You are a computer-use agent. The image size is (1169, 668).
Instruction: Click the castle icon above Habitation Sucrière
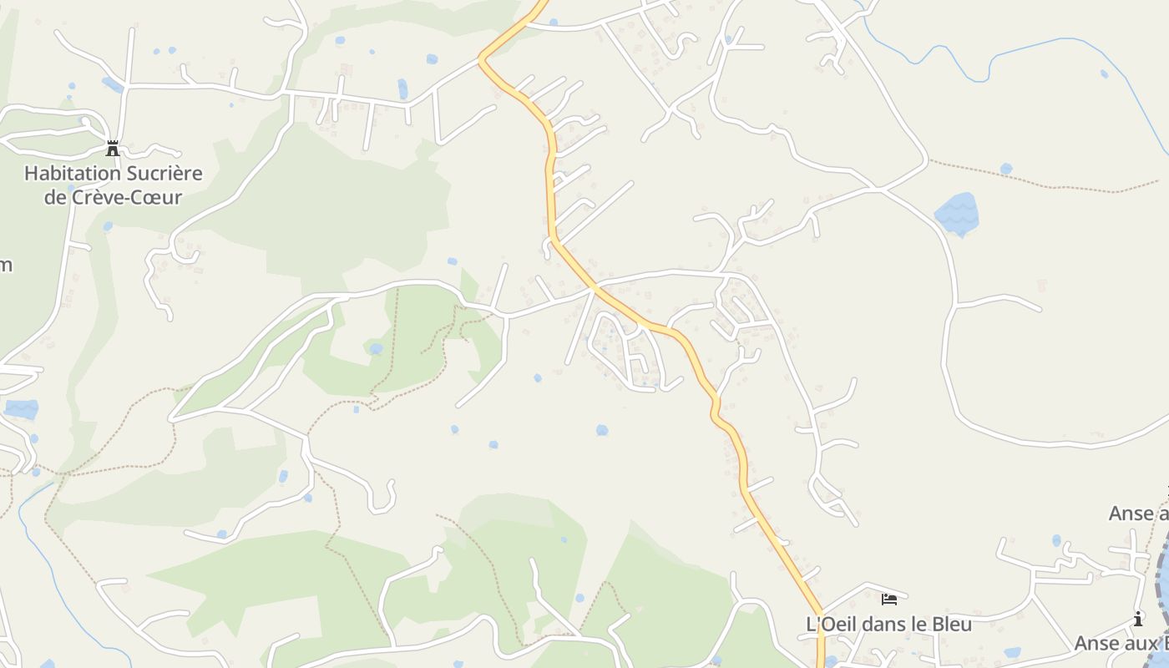(x=113, y=149)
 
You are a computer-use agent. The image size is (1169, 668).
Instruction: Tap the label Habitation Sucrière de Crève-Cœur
(x=113, y=185)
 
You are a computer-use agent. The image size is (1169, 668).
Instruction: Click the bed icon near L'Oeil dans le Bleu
(x=888, y=599)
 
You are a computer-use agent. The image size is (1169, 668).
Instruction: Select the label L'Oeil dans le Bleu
(x=888, y=624)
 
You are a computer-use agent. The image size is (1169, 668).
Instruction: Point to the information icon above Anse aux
(x=1138, y=619)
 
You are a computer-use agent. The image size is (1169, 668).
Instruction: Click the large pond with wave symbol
(x=956, y=214)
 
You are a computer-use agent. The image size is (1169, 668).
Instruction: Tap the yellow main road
(x=551, y=192)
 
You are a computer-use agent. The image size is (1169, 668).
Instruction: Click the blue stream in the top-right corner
(x=1044, y=47)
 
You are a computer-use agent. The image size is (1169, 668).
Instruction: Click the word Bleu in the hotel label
(x=950, y=624)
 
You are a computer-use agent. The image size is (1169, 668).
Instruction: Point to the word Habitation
(x=73, y=174)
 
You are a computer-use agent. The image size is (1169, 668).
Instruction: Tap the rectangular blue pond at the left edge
(x=22, y=409)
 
